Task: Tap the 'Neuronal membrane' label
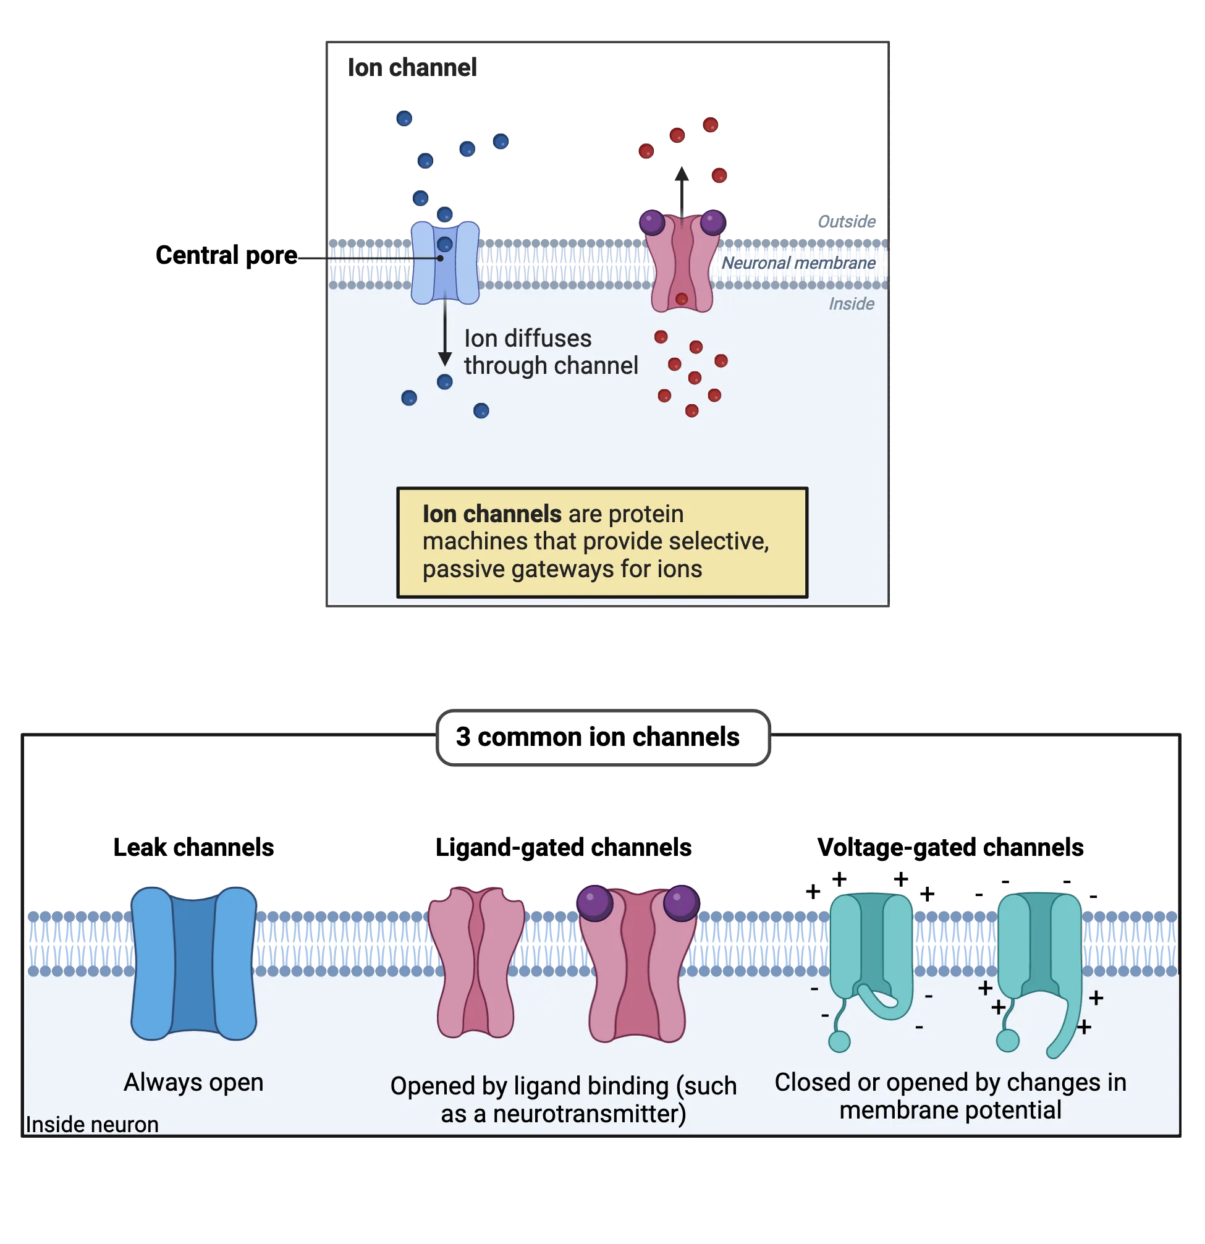click(x=798, y=263)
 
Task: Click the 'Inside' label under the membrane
click(x=850, y=304)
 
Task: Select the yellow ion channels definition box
click(x=601, y=543)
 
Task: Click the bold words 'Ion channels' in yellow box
click(x=492, y=514)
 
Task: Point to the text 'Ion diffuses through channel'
click(x=549, y=352)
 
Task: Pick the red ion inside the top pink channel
click(x=682, y=299)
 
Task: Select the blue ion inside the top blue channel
click(x=444, y=244)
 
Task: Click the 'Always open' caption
click(x=193, y=1082)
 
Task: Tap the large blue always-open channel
click(x=193, y=963)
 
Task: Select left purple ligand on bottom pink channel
click(x=594, y=903)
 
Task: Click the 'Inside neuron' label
click(x=91, y=1124)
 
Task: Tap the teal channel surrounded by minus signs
click(x=871, y=952)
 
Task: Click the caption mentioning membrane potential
click(x=950, y=1096)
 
